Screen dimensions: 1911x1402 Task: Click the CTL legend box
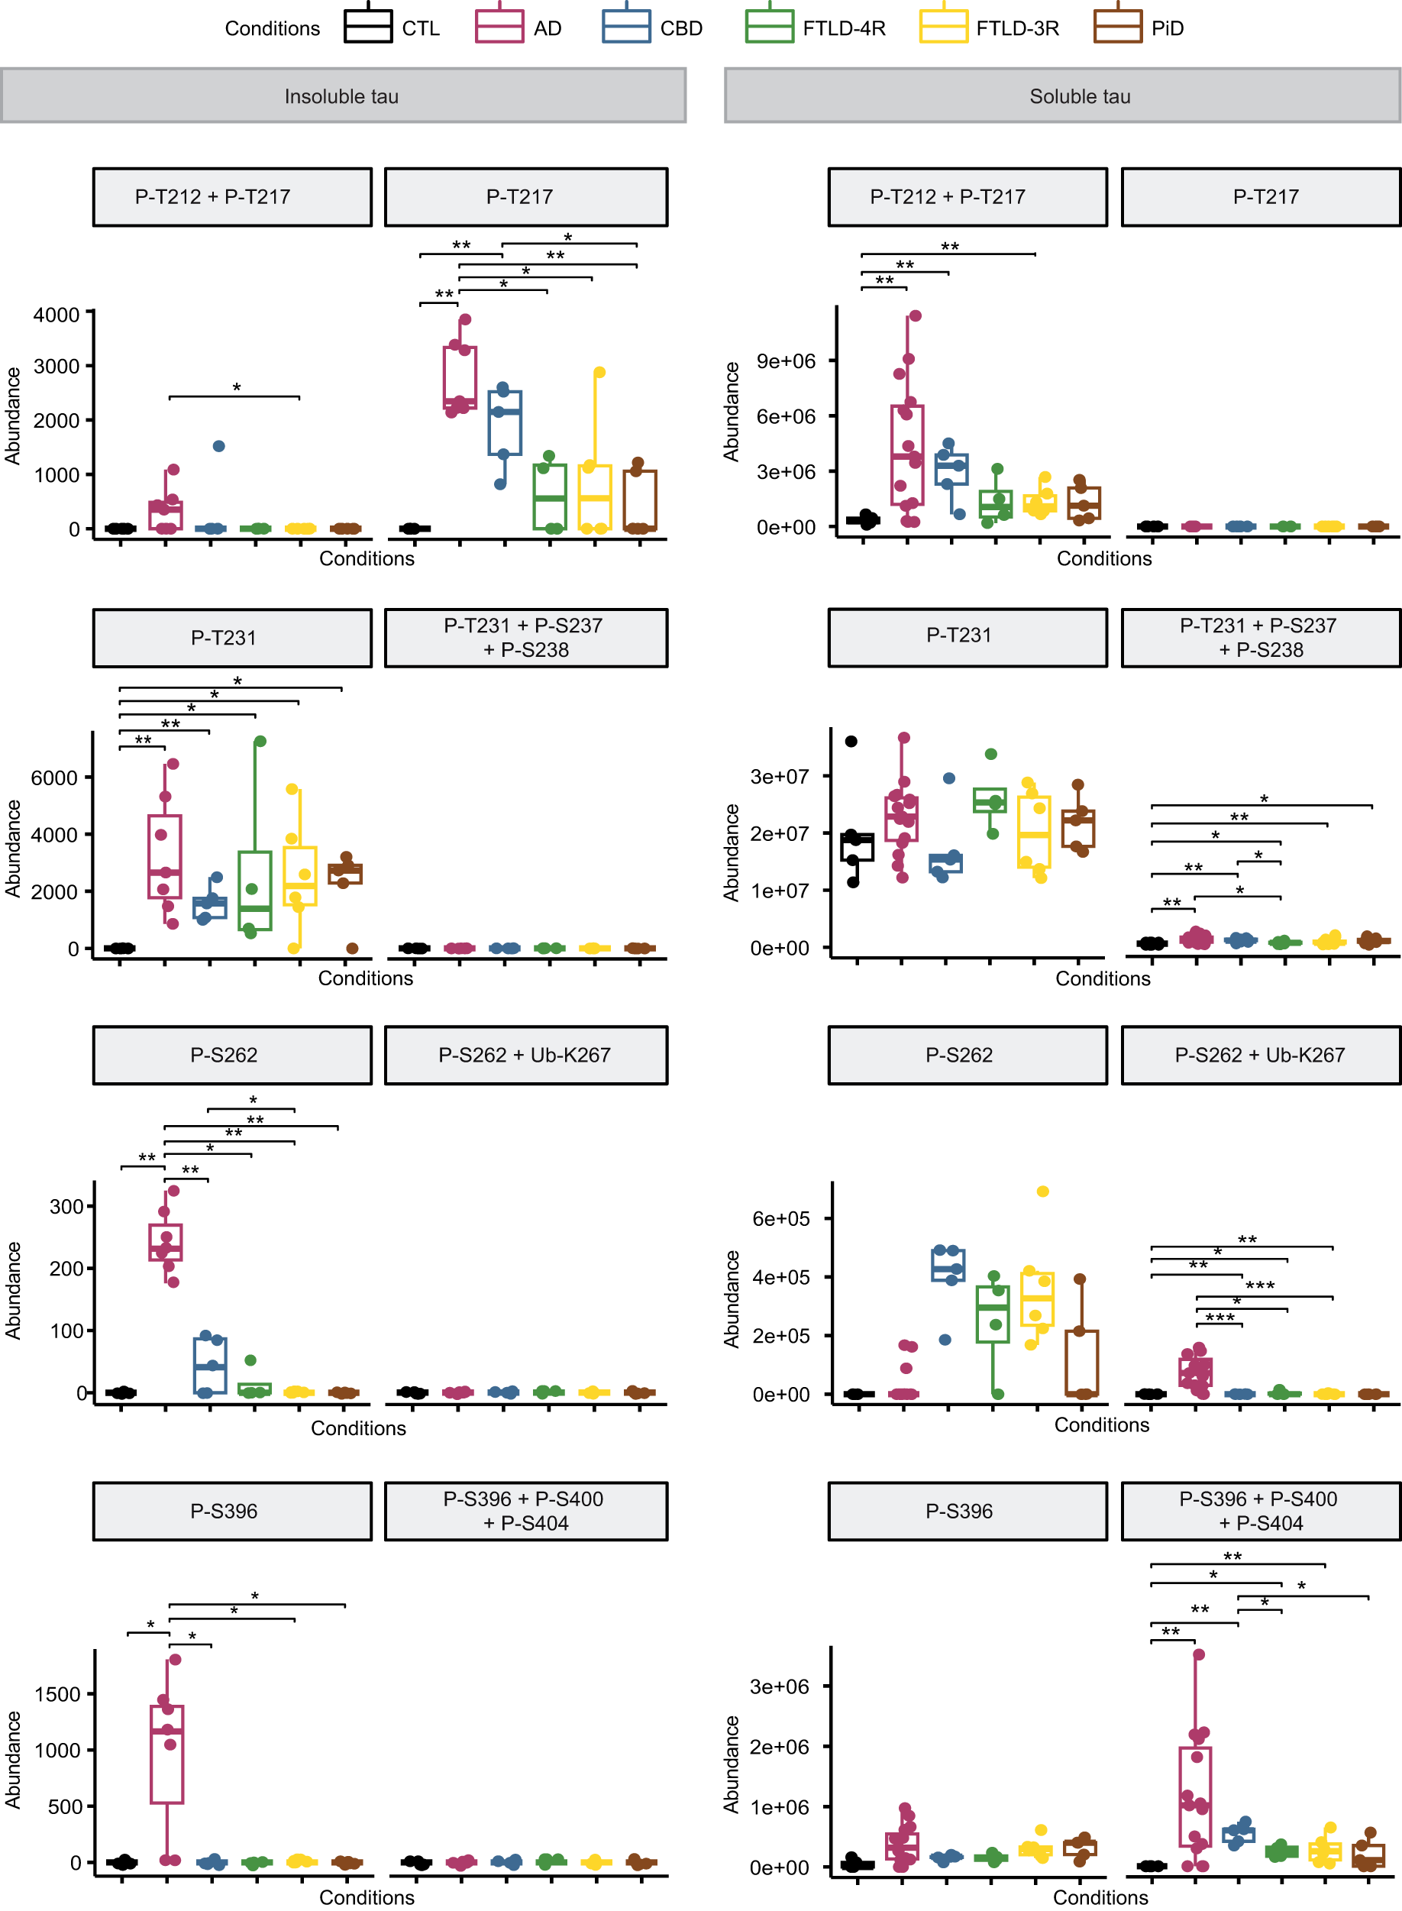click(x=367, y=26)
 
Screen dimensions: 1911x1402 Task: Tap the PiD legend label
click(x=1167, y=29)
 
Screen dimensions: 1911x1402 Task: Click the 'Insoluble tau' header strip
click(x=342, y=96)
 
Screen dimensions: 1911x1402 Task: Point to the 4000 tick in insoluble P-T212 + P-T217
click(x=56, y=315)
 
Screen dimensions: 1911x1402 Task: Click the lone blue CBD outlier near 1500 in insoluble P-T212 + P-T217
click(x=218, y=446)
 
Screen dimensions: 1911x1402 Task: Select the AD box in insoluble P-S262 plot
click(x=166, y=1242)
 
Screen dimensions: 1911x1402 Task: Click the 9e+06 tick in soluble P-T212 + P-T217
click(x=785, y=361)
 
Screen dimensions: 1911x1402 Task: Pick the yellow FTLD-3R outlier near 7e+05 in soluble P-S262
click(x=1042, y=1191)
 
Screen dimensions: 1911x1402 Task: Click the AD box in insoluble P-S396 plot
click(x=167, y=1754)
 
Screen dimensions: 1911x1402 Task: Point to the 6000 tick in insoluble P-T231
click(x=54, y=778)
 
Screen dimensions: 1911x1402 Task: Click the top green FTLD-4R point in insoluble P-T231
click(x=260, y=741)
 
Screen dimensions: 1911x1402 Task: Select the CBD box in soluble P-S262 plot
click(x=948, y=1265)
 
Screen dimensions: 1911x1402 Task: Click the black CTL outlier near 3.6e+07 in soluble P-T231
click(x=851, y=741)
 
